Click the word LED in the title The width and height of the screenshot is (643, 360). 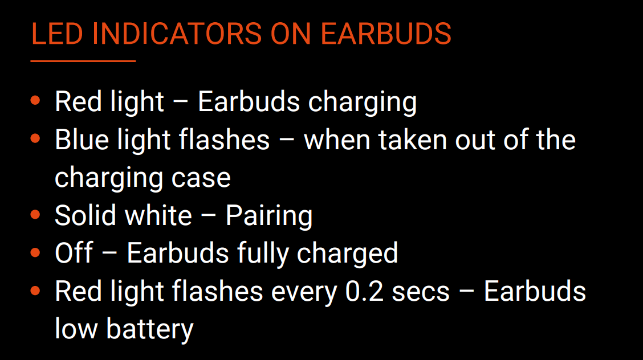click(57, 34)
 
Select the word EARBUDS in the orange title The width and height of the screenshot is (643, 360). click(386, 34)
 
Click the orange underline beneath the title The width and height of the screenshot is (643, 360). click(83, 61)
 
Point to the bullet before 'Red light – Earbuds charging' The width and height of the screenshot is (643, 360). click(35, 100)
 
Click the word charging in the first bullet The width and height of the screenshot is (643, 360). click(363, 103)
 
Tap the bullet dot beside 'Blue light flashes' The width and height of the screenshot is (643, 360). click(35, 138)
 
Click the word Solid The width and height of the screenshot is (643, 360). click(86, 215)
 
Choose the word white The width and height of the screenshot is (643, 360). click(158, 215)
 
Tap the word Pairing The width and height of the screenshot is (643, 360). click(269, 217)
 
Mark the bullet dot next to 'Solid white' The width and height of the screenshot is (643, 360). click(35, 214)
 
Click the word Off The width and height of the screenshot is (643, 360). click(74, 253)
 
